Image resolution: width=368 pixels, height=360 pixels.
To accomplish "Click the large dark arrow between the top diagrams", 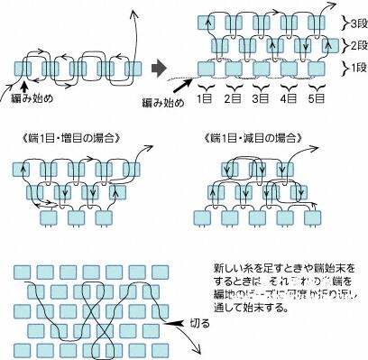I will (160, 68).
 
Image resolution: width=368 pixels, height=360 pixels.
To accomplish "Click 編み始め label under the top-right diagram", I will (162, 103).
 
